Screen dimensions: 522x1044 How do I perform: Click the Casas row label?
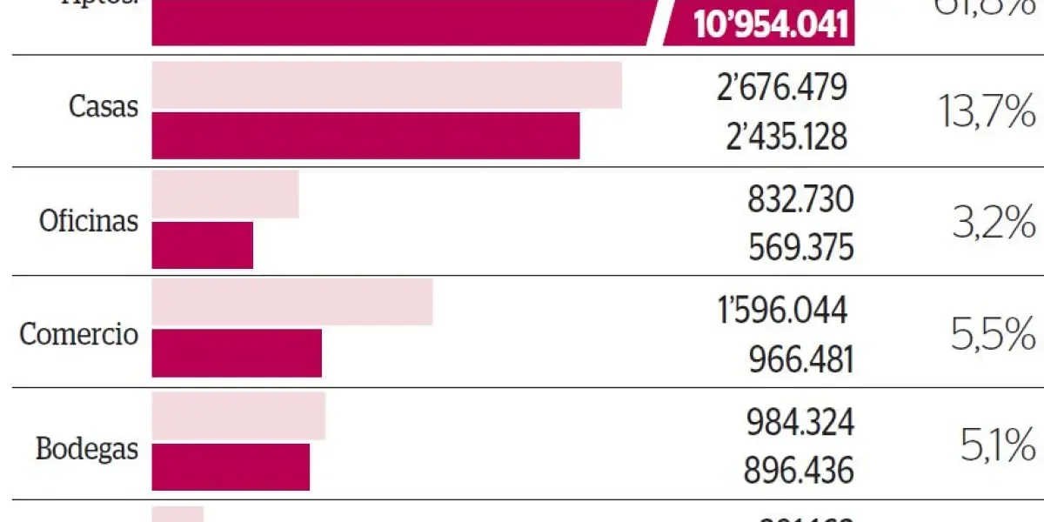(103, 107)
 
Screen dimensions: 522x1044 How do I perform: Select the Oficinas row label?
(89, 221)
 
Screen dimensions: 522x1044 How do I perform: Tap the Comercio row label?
(79, 333)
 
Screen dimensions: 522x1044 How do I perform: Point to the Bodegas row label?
(87, 449)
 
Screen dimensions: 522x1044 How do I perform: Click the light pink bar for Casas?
(386, 85)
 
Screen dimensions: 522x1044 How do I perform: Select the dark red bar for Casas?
(365, 136)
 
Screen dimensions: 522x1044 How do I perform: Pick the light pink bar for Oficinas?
(225, 194)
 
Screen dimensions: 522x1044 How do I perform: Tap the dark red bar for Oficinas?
(202, 244)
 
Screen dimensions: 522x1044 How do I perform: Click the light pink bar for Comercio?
(292, 303)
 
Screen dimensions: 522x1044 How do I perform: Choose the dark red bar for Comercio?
(237, 353)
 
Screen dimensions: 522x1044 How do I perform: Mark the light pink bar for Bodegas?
(238, 416)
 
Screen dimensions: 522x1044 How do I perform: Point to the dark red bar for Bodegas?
(231, 466)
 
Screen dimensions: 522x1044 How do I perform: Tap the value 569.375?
(800, 248)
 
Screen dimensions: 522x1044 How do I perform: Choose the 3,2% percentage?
(992, 225)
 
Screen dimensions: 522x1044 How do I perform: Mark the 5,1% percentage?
(998, 447)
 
